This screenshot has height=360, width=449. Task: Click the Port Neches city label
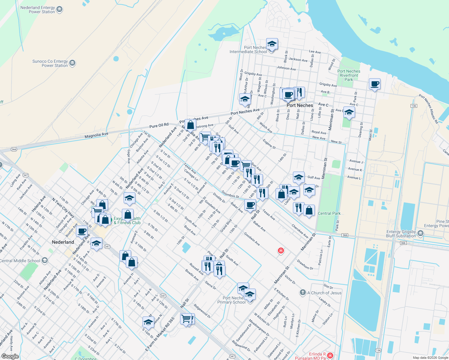(x=300, y=105)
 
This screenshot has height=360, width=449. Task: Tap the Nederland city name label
(x=63, y=242)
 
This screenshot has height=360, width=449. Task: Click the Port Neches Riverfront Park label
(x=348, y=75)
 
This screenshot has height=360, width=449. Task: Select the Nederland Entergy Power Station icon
(x=59, y=10)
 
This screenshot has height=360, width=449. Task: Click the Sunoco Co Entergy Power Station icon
(x=72, y=63)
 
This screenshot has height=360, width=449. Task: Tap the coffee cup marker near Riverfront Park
(x=374, y=84)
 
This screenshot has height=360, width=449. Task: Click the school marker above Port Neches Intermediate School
(x=272, y=44)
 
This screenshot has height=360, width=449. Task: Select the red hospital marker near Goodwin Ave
(x=281, y=250)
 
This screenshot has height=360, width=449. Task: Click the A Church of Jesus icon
(x=303, y=292)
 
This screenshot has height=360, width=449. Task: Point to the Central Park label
(x=329, y=213)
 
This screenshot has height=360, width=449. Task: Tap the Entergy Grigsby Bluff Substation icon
(x=420, y=233)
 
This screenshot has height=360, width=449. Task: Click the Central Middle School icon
(x=45, y=260)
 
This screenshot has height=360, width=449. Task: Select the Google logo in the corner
(x=10, y=356)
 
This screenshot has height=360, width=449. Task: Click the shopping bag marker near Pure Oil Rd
(x=190, y=125)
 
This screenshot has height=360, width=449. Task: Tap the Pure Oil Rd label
(x=159, y=125)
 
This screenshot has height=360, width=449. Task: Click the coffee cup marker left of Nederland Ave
(x=82, y=232)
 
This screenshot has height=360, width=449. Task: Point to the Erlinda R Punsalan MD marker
(x=330, y=355)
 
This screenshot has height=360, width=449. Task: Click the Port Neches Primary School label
(x=231, y=300)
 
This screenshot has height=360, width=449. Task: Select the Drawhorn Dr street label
(x=305, y=265)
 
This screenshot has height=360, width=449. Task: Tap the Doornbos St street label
(x=230, y=194)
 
